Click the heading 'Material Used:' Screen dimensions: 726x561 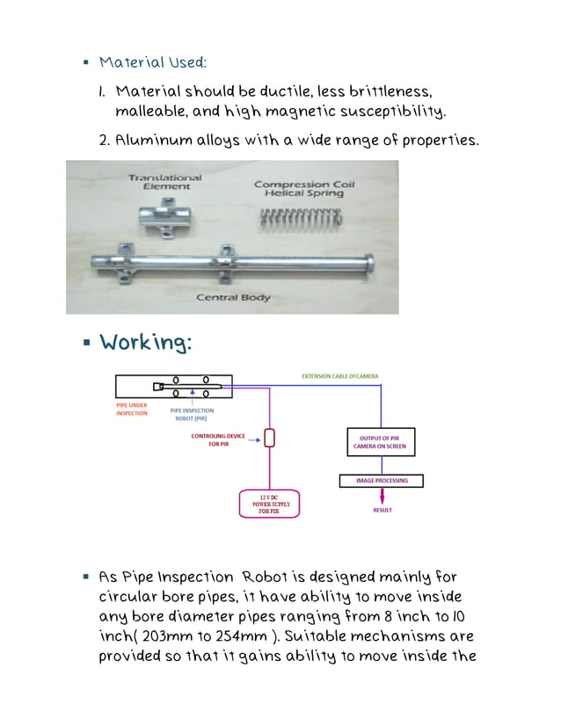153,62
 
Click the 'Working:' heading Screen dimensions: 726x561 145,343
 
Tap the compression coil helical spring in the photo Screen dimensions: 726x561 299,219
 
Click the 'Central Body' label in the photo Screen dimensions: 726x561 233,298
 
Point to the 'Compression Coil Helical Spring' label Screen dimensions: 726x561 298,188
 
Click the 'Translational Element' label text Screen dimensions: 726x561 164,182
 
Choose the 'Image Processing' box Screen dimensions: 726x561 381,481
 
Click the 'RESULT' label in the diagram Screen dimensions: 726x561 382,510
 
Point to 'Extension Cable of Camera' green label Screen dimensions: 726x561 339,376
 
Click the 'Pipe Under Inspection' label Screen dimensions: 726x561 132,410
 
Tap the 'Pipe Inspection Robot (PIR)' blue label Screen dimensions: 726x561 192,414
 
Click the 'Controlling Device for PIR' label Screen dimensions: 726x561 219,440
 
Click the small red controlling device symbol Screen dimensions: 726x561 270,437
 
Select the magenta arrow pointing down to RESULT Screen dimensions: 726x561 382,496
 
